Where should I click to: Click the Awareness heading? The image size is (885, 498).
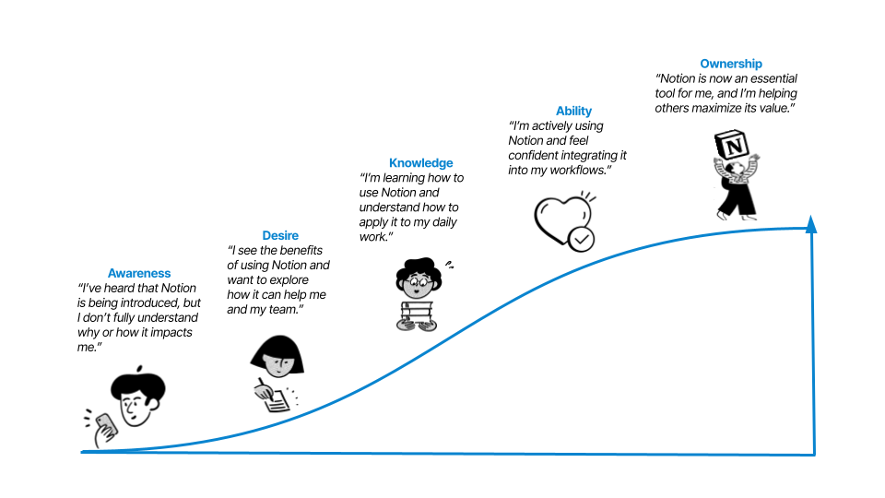(139, 273)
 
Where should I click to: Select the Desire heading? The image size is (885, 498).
(280, 235)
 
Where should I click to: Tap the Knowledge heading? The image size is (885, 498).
(420, 163)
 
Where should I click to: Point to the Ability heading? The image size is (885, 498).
(573, 111)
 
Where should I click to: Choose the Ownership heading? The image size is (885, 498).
(731, 64)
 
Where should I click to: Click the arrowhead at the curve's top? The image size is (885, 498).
(811, 223)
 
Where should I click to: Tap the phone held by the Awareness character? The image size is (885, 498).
(107, 426)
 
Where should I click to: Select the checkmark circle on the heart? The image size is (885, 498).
(581, 240)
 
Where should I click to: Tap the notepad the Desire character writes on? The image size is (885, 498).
(274, 398)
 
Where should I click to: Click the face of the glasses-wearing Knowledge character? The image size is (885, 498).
(415, 281)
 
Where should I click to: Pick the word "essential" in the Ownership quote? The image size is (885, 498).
(769, 78)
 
